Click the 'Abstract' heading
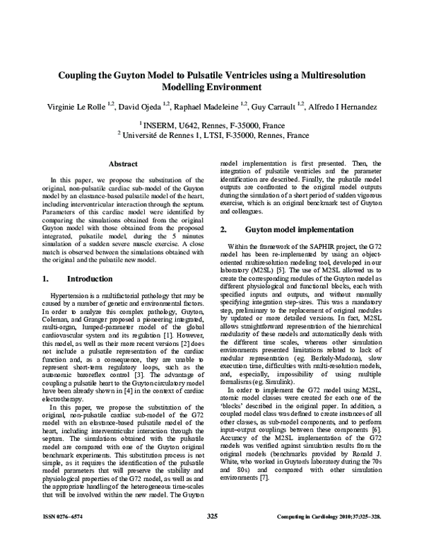point(122,163)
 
